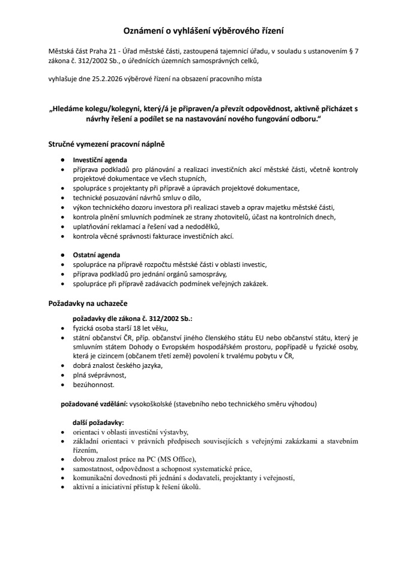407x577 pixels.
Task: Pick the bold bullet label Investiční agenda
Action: coord(100,161)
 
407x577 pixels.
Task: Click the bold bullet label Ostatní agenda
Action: coord(97,255)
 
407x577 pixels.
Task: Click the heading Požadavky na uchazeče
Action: coord(88,304)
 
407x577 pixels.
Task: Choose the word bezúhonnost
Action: coord(94,384)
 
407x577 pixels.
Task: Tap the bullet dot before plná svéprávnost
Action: coord(64,375)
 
